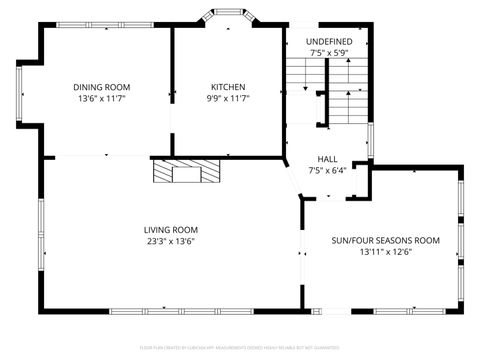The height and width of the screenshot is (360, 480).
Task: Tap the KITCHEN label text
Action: pyautogui.click(x=227, y=87)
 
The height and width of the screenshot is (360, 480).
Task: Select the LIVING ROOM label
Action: pyautogui.click(x=170, y=229)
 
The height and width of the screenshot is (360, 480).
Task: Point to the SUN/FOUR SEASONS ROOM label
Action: pyautogui.click(x=385, y=240)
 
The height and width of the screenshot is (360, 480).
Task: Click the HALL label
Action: pyautogui.click(x=327, y=159)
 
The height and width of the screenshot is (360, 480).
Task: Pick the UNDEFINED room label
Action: pyautogui.click(x=329, y=40)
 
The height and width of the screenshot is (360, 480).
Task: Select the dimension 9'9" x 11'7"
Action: pyautogui.click(x=227, y=99)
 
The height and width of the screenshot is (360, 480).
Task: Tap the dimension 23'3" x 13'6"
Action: pyautogui.click(x=170, y=241)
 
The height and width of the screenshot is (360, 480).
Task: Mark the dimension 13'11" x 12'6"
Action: pyautogui.click(x=385, y=252)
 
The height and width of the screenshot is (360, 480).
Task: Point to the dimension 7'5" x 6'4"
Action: pyautogui.click(x=327, y=170)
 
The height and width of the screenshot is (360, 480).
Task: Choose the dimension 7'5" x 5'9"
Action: pyautogui.click(x=329, y=52)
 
